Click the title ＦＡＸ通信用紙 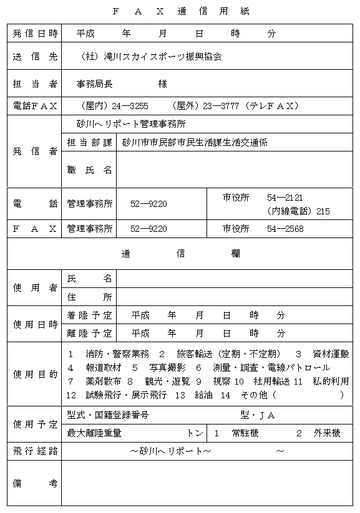(180, 11)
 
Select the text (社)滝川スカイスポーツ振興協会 (152, 56)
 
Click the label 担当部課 (89, 142)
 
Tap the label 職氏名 (89, 169)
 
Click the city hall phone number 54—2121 (285, 198)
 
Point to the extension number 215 (323, 211)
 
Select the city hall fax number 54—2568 (285, 229)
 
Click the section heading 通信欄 (180, 254)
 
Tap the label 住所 (89, 296)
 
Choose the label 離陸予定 (89, 333)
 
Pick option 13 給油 (195, 395)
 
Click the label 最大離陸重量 (94, 432)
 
